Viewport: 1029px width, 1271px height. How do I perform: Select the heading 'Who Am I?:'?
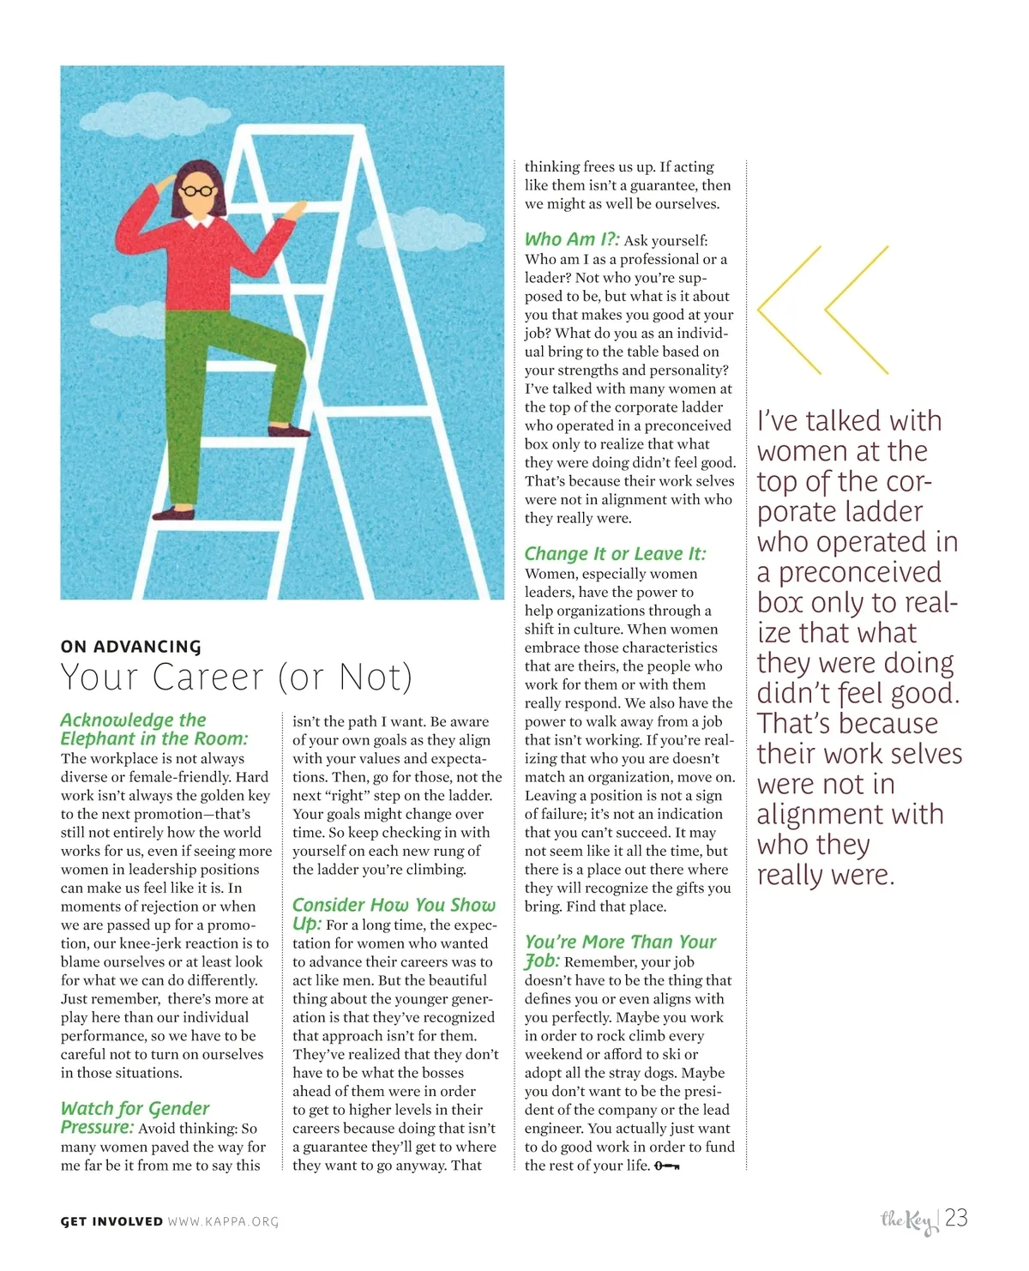(x=572, y=240)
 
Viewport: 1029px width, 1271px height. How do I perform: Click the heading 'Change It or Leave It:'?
(x=615, y=554)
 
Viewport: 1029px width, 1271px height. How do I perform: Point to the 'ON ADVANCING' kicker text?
(x=130, y=647)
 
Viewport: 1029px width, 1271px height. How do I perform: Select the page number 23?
(x=956, y=1218)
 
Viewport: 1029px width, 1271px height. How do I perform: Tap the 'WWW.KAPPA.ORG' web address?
(x=223, y=1221)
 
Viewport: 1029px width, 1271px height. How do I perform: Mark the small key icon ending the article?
(x=667, y=1166)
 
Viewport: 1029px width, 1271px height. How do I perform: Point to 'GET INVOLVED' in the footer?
(x=111, y=1221)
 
